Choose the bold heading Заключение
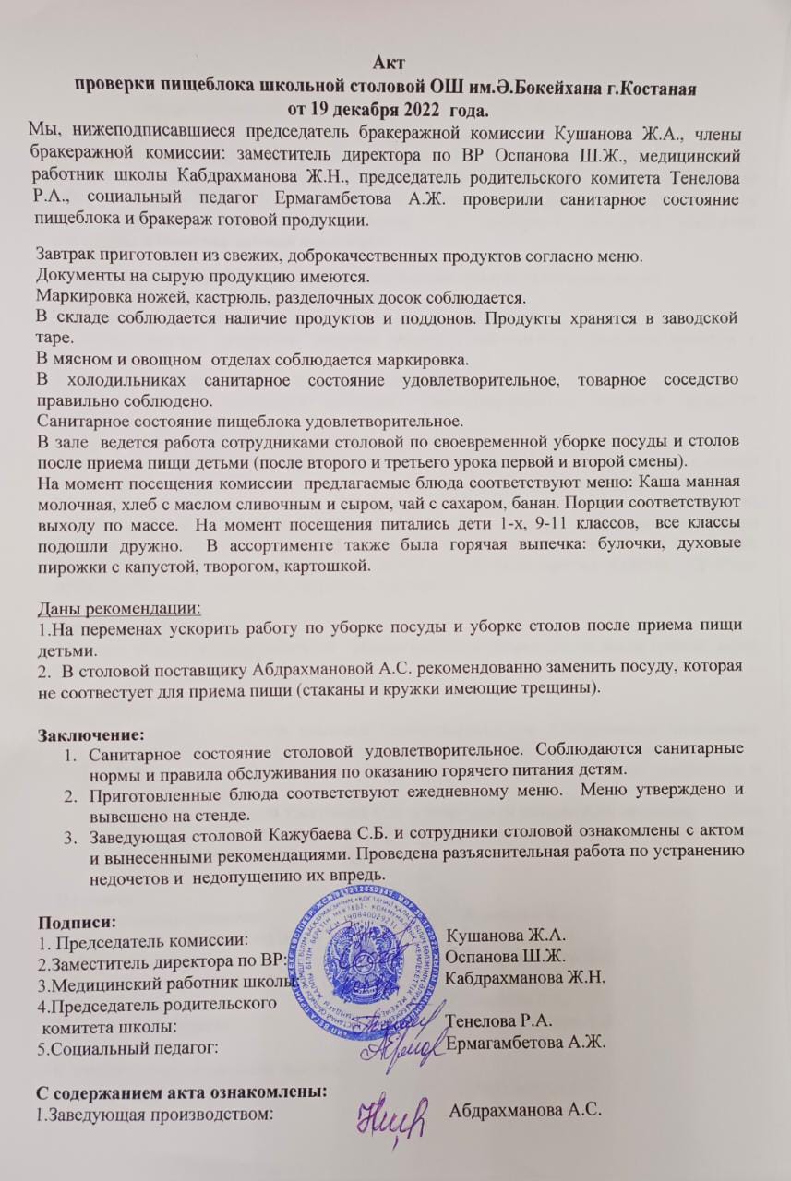(x=90, y=735)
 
